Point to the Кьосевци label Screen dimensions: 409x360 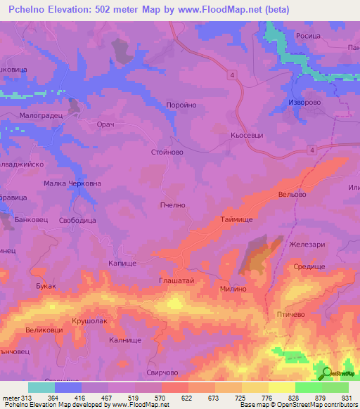pyautogui.click(x=247, y=135)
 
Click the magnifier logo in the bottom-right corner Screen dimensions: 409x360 pyautogui.click(x=326, y=372)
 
